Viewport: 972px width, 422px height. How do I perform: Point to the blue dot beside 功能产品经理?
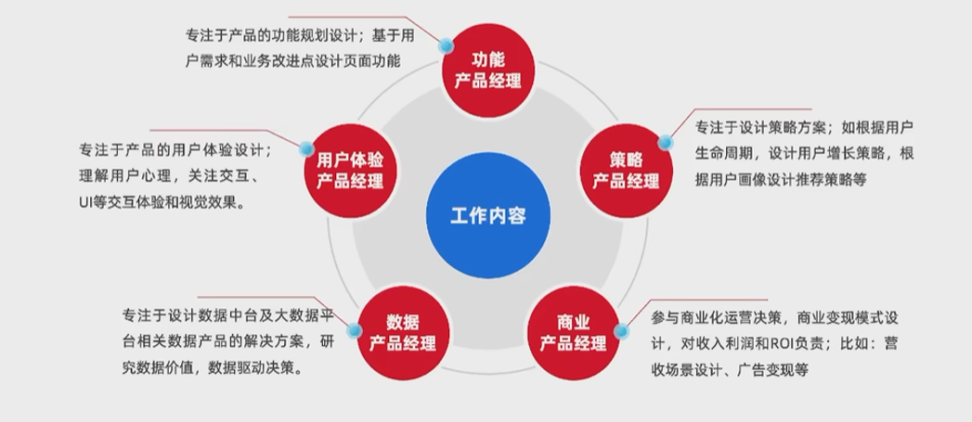point(447,44)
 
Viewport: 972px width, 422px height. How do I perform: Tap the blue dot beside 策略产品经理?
point(665,142)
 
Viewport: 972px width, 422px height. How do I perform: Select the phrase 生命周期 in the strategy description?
point(730,153)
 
